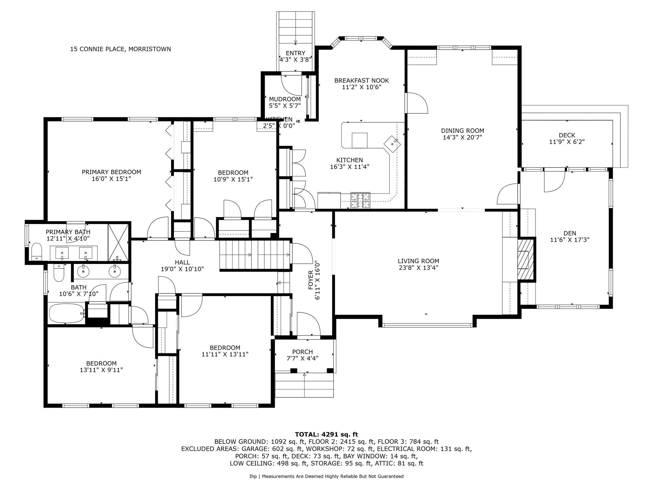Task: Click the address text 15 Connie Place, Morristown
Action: pyautogui.click(x=120, y=49)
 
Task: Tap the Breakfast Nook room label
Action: pyautogui.click(x=361, y=80)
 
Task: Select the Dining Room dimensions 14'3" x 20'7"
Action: pyautogui.click(x=462, y=137)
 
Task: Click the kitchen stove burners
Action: pyautogui.click(x=360, y=200)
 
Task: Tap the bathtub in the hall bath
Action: pyautogui.click(x=66, y=313)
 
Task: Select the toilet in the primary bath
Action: pyautogui.click(x=37, y=251)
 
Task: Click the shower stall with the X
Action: pyautogui.click(x=118, y=243)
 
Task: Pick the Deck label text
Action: pyautogui.click(x=567, y=135)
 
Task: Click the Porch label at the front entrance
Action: pyautogui.click(x=302, y=352)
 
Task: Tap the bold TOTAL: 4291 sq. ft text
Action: pyautogui.click(x=326, y=435)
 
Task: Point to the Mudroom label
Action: pyautogui.click(x=285, y=99)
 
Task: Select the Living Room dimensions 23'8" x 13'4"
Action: pyautogui.click(x=418, y=268)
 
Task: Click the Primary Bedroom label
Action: pyautogui.click(x=111, y=172)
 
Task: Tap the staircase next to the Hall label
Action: pyautogui.click(x=255, y=255)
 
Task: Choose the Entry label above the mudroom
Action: pyautogui.click(x=295, y=53)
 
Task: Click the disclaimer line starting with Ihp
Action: pyautogui.click(x=326, y=476)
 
